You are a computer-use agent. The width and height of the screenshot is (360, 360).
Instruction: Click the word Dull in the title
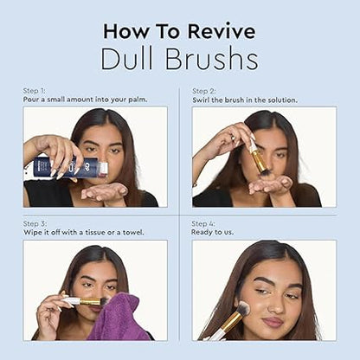click(x=129, y=59)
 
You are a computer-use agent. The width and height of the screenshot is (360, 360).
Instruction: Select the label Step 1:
click(x=34, y=91)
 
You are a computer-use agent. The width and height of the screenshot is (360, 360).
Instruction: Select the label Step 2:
click(x=203, y=91)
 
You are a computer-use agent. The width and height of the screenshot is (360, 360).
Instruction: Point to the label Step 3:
click(x=34, y=223)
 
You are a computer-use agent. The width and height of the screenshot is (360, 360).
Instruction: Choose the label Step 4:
click(x=203, y=223)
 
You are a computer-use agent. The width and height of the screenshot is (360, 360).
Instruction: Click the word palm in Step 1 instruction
click(x=136, y=99)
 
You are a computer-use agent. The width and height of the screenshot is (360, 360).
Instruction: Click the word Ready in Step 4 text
click(x=203, y=231)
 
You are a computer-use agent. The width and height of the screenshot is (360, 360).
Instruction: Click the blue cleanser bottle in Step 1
click(x=65, y=167)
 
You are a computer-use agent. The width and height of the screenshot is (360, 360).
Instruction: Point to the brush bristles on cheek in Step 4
click(x=243, y=309)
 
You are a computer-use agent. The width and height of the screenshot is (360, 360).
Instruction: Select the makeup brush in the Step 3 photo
click(x=82, y=301)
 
